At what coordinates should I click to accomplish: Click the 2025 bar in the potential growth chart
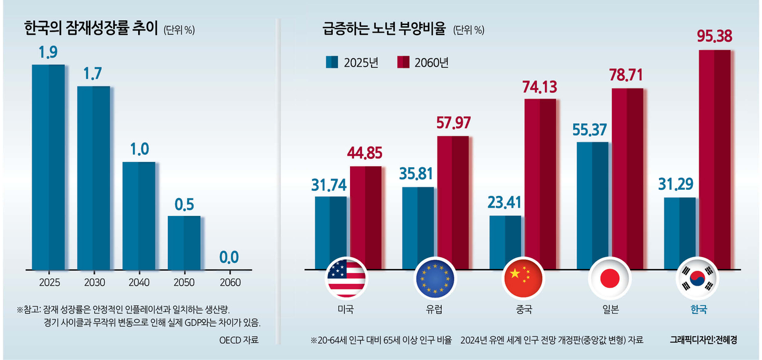click(48, 167)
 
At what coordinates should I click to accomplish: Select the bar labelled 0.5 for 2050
click(184, 242)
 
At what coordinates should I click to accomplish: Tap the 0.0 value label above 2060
click(229, 258)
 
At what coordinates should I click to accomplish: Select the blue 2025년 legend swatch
click(332, 62)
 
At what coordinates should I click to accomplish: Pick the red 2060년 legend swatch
click(404, 62)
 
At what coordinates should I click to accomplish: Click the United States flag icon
click(346, 278)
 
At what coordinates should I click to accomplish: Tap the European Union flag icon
click(434, 278)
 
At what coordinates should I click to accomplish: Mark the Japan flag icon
click(608, 278)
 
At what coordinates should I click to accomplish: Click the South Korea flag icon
click(696, 278)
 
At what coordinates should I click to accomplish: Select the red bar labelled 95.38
click(714, 159)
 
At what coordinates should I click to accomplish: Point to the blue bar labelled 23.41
click(505, 242)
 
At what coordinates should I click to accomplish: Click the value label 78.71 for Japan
click(627, 76)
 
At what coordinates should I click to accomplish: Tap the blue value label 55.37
click(592, 130)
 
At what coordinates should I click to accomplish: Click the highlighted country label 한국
click(696, 310)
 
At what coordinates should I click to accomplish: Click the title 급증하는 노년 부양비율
click(383, 28)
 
